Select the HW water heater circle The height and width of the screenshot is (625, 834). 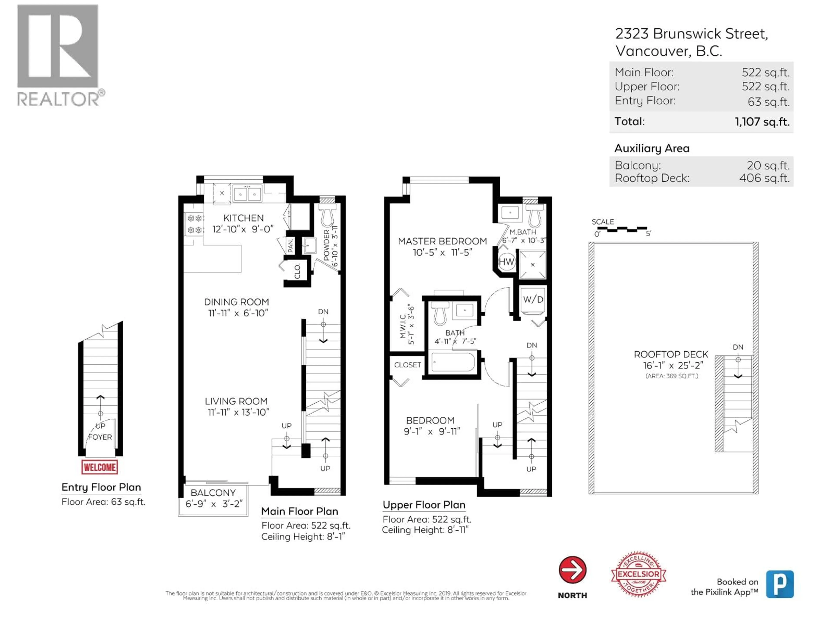[506, 262]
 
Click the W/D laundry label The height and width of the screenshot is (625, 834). [533, 299]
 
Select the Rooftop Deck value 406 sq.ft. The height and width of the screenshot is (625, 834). [764, 178]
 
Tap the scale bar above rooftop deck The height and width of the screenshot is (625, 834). [621, 229]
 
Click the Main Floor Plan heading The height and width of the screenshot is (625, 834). [299, 511]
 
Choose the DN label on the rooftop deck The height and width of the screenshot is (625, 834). [738, 347]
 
